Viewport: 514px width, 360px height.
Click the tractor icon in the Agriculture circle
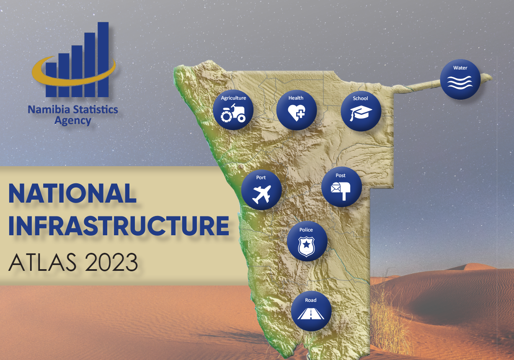[233, 114]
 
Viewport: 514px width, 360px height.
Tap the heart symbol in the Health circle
[296, 112]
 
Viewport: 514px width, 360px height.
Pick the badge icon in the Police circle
[307, 246]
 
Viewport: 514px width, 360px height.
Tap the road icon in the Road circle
[311, 314]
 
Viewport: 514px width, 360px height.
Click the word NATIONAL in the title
[72, 194]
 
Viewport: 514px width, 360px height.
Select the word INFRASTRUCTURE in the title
[119, 226]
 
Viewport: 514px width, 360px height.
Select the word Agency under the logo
[72, 121]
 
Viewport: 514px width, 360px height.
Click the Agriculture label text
[233, 98]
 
